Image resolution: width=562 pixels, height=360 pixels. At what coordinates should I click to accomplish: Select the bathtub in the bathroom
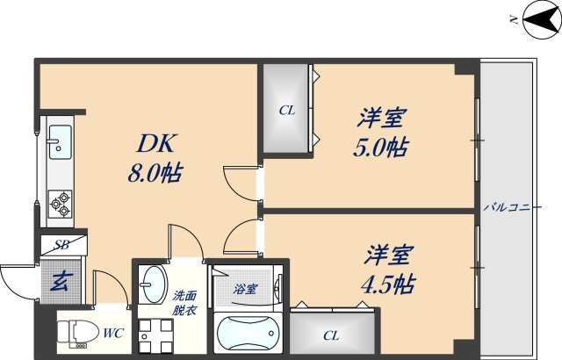pos(249,335)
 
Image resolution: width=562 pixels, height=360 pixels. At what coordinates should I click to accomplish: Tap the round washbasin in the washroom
pos(153,284)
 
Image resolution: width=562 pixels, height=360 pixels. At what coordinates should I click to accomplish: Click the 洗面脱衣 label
pos(184,303)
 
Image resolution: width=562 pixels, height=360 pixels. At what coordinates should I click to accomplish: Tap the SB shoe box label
pos(62,245)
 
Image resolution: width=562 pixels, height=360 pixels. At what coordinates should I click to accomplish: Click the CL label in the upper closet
pos(286,110)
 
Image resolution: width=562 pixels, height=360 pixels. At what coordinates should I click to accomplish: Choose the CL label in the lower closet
pos(330,335)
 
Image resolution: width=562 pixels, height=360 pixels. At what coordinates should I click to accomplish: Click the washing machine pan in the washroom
pos(153,335)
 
